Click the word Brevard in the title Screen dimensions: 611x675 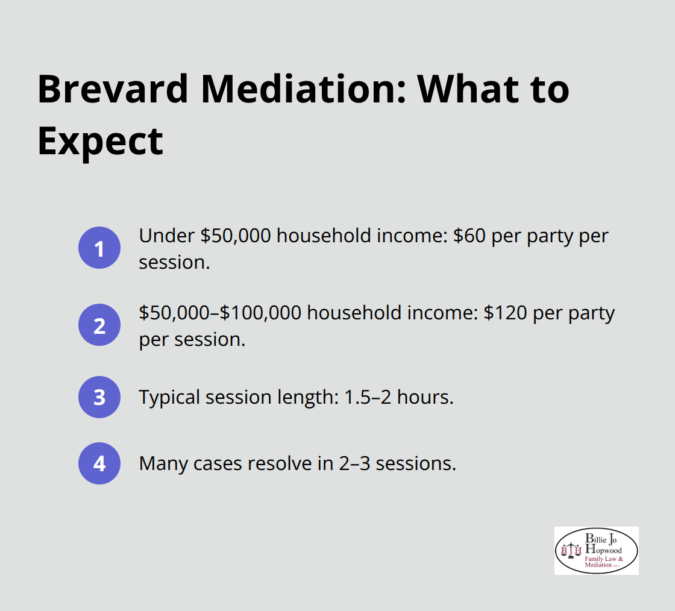pos(113,89)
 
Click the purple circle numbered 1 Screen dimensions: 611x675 pos(99,248)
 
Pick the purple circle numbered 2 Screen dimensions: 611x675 pos(99,325)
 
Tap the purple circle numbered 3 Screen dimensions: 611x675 pos(99,397)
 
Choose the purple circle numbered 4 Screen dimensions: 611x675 pos(99,463)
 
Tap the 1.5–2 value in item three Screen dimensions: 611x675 pos(377,397)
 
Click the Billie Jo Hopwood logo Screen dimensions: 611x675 pos(596,550)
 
